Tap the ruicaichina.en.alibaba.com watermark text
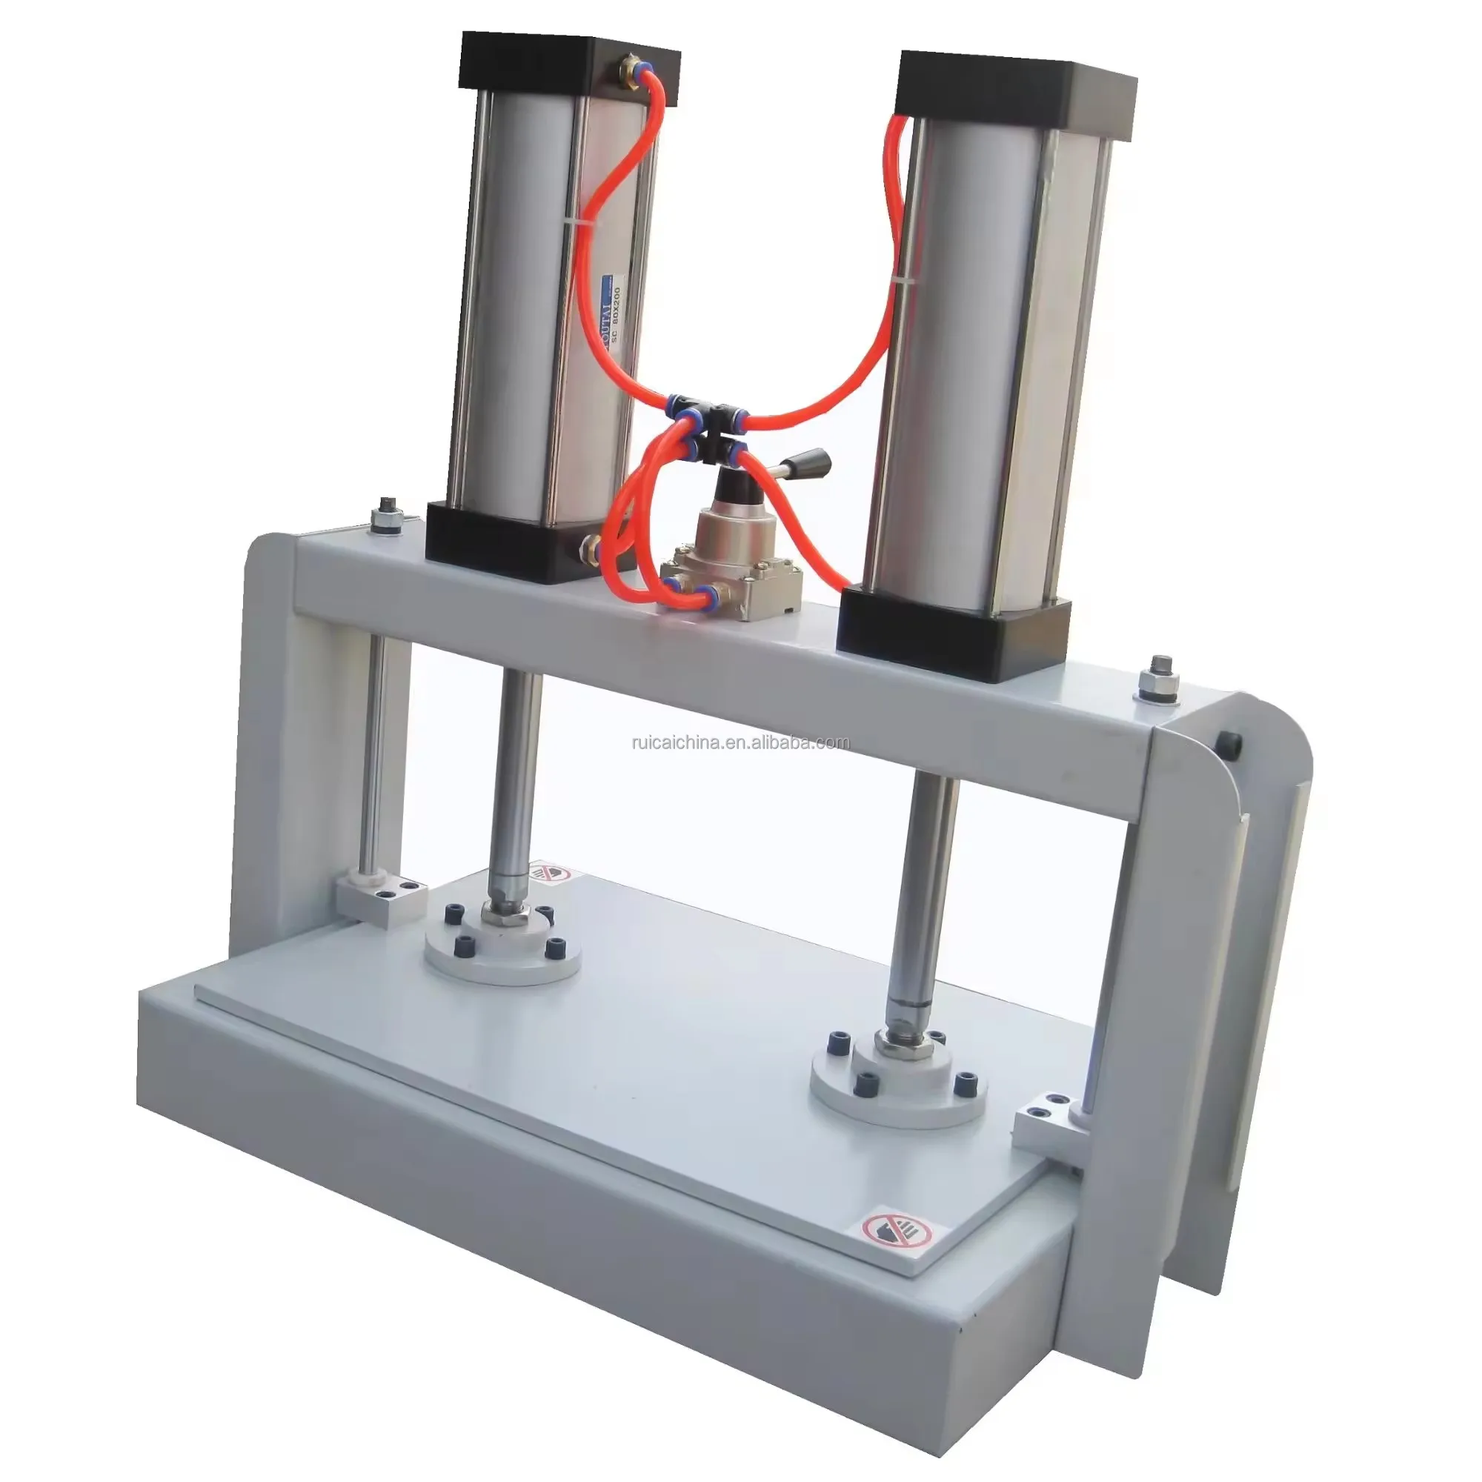pyautogui.click(x=740, y=742)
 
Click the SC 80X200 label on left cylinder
pyautogui.click(x=613, y=314)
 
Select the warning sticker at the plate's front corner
pyautogui.click(x=895, y=1230)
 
